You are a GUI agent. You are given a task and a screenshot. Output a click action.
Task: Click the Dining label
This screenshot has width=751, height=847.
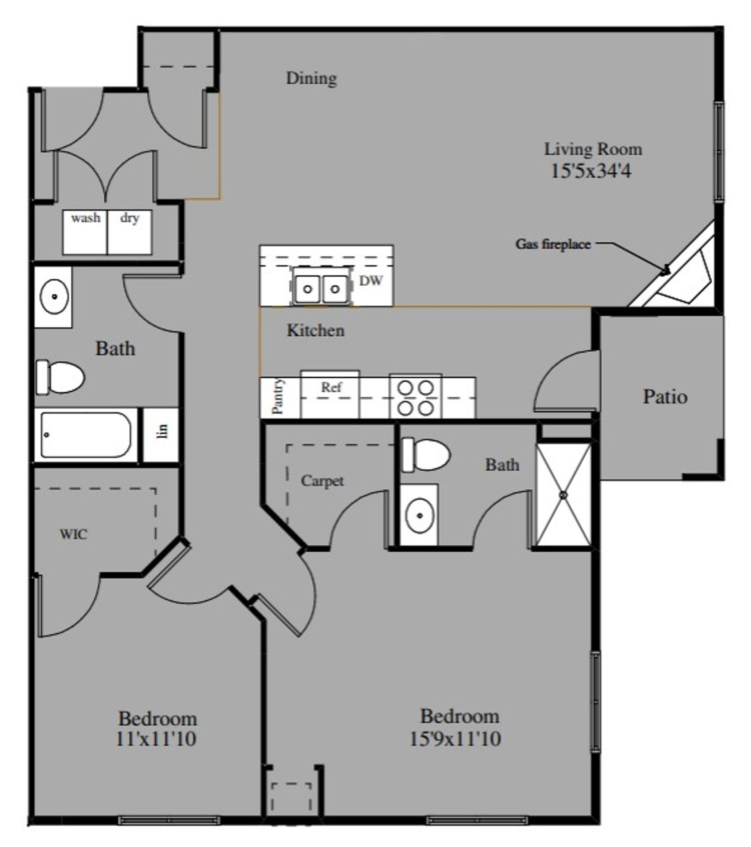click(x=312, y=79)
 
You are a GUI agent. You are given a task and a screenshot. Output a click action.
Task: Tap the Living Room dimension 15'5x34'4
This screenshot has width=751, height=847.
click(x=591, y=171)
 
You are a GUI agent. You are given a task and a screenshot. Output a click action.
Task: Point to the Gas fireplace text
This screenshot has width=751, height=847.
click(x=553, y=244)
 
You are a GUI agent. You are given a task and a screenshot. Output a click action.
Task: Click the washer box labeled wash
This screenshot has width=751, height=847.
click(x=85, y=232)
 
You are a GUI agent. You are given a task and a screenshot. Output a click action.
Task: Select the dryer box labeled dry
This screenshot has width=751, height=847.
click(x=130, y=232)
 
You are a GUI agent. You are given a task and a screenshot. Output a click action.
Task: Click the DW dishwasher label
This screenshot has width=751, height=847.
click(x=371, y=281)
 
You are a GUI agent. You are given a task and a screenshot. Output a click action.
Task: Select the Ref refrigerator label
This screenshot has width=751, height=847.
click(x=331, y=387)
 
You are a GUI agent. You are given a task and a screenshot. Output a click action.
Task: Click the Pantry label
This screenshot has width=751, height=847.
click(x=278, y=397)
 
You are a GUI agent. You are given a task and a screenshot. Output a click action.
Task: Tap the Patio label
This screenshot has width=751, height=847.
click(x=665, y=397)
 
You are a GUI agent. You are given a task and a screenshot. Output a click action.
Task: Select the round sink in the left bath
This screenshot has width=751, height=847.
click(x=54, y=296)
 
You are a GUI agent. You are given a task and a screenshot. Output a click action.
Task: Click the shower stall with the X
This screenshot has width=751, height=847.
click(x=563, y=495)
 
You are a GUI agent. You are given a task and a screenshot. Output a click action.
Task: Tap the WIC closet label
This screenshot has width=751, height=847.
click(x=73, y=535)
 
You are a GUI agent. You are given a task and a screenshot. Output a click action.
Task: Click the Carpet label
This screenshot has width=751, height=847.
click(x=322, y=481)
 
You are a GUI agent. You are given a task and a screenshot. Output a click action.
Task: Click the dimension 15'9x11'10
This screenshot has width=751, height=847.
click(x=455, y=739)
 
